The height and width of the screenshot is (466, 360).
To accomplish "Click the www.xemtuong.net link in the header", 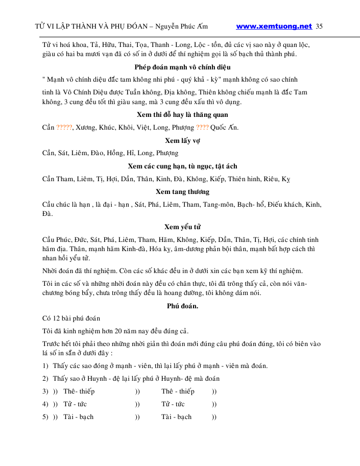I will tap(274, 26).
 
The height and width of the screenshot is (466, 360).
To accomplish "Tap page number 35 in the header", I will tap(320, 26).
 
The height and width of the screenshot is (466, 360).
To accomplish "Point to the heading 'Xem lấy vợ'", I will tap(182, 140).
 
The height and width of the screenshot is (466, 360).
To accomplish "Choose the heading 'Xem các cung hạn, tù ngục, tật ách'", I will tap(182, 166).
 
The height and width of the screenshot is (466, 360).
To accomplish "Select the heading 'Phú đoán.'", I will tap(182, 306).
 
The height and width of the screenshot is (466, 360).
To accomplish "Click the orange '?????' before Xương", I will tap(64, 128).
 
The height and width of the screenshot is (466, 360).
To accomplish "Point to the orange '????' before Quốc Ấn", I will tap(203, 128).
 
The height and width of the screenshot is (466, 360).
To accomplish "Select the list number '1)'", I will tap(45, 365).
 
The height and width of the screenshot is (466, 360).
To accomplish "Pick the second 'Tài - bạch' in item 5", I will tap(177, 417).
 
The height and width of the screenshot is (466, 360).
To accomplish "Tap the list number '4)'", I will tap(45, 404).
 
